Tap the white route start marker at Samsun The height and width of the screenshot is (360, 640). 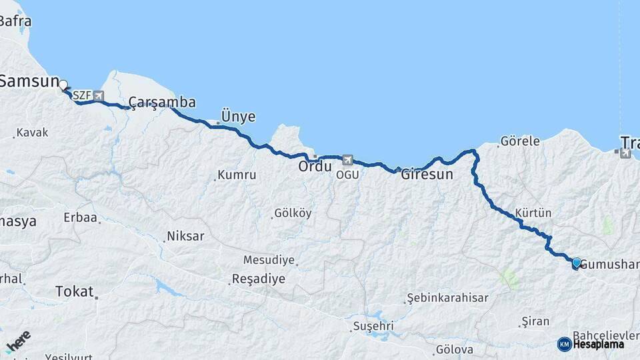tap(63, 85)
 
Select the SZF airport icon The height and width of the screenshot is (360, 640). tap(99, 96)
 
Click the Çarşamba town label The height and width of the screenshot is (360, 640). tap(162, 102)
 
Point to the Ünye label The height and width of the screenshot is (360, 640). tap(238, 117)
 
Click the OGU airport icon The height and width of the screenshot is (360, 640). tap(347, 161)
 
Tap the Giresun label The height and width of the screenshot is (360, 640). tap(427, 175)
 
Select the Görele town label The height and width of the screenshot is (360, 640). tap(519, 141)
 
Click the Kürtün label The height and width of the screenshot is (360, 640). tap(533, 213)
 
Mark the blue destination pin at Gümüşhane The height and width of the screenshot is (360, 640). tap(576, 263)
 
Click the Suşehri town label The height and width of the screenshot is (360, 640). tap(372, 326)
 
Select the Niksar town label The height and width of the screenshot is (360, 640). tap(185, 236)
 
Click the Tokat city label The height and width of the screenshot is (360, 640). tap(74, 291)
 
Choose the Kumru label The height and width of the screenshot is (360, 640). tap(236, 175)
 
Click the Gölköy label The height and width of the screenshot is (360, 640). tap(293, 213)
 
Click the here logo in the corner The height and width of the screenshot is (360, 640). tap(18, 343)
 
